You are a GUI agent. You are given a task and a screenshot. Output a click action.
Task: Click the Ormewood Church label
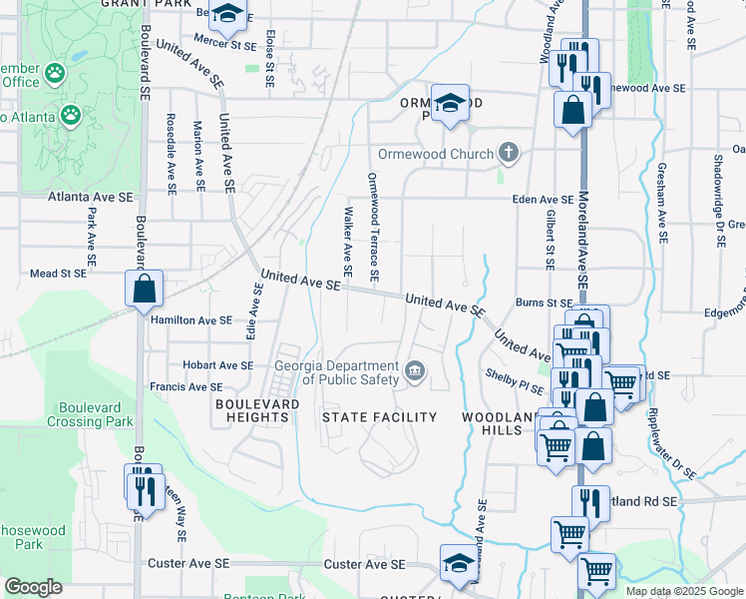coord(435,154)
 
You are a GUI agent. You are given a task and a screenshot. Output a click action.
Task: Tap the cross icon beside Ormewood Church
coord(509,153)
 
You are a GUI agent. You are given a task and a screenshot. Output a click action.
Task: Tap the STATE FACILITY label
coord(379,416)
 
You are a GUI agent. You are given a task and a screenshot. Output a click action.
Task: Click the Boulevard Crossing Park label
coord(96,414)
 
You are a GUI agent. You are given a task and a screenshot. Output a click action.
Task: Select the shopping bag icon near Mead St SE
coord(145,289)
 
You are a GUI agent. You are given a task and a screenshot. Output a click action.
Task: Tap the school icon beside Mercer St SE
coord(228,14)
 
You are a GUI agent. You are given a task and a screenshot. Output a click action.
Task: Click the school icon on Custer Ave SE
coord(458,562)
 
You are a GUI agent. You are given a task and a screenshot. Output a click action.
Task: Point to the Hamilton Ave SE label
coord(190,320)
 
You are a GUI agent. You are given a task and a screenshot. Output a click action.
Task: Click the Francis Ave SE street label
coord(186,386)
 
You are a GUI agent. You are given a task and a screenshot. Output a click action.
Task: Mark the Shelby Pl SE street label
coord(513,373)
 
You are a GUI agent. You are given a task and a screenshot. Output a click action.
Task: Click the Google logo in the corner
coord(33,586)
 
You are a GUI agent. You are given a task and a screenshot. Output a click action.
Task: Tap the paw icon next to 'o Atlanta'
coord(70,116)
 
